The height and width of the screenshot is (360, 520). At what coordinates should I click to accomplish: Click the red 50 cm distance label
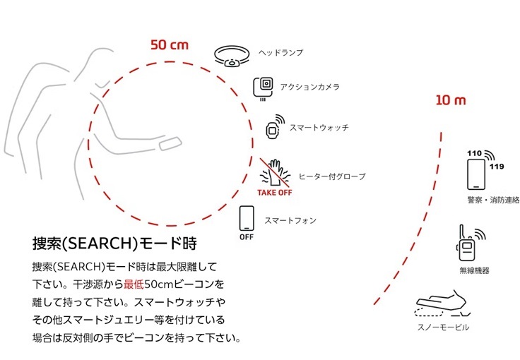(170, 44)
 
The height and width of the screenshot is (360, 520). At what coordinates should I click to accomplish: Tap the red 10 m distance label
(451, 100)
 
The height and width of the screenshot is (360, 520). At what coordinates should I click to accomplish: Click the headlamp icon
(232, 56)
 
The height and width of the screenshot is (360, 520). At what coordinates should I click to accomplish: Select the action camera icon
(264, 89)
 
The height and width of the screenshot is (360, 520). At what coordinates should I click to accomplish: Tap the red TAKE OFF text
(275, 193)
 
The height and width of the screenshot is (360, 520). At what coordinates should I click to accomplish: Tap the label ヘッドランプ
(280, 53)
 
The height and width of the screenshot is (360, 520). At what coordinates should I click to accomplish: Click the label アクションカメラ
(309, 87)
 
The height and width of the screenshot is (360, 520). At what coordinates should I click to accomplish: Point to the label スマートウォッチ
(319, 128)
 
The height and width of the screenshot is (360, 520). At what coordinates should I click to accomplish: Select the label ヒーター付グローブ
(332, 176)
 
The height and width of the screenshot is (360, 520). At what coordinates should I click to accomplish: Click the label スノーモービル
(443, 328)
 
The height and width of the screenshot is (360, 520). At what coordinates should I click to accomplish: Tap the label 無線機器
(474, 270)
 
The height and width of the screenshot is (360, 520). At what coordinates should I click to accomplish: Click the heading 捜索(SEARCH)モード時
(114, 243)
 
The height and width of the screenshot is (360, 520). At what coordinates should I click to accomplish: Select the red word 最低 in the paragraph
(134, 284)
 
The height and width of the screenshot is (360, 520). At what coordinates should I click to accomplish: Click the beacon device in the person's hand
(170, 143)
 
